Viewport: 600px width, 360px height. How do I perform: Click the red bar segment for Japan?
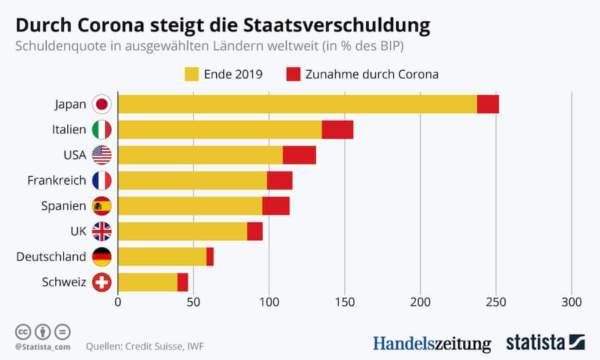click(488, 105)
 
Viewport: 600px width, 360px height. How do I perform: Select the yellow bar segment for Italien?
click(220, 130)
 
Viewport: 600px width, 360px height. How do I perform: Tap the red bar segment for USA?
click(299, 155)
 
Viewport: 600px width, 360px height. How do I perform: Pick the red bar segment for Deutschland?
click(210, 257)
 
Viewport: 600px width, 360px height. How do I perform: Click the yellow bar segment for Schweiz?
click(148, 282)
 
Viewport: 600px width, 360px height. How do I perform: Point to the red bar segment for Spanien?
click(276, 206)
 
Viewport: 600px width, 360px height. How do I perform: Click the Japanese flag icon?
click(102, 105)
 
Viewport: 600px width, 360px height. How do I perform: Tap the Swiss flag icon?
click(102, 282)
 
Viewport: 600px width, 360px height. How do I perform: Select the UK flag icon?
click(102, 231)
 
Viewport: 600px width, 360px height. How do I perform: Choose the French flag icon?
click(102, 181)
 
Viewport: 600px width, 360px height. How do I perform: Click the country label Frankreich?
click(57, 181)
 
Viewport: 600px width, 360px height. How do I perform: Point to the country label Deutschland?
click(51, 257)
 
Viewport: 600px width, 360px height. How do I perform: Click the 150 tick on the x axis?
click(345, 302)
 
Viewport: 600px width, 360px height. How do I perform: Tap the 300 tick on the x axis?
click(572, 302)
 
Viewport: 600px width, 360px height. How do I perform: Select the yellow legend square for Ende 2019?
click(193, 74)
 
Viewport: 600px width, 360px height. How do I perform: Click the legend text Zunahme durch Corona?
click(372, 74)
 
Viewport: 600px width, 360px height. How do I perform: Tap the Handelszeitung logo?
click(431, 343)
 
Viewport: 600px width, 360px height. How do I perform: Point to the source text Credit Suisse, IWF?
click(169, 347)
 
